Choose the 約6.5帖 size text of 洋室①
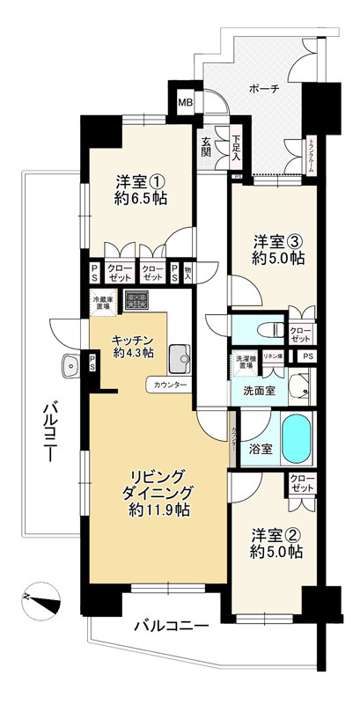point(141,199)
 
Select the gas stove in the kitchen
point(136,301)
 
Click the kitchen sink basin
point(180,356)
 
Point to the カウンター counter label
point(169,385)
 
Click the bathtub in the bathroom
point(298,436)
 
